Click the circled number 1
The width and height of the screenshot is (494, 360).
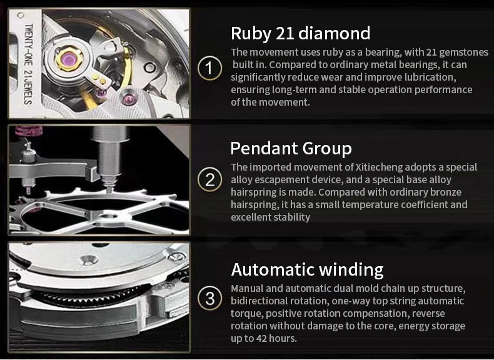(210, 68)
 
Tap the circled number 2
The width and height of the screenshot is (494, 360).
(210, 180)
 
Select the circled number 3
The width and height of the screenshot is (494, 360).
(210, 298)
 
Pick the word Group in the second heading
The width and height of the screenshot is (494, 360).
(326, 149)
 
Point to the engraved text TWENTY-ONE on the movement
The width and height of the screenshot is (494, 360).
(29, 45)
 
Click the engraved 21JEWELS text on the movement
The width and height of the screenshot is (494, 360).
(28, 87)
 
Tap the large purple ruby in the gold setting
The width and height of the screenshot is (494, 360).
(69, 59)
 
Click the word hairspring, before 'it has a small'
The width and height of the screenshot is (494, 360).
(255, 205)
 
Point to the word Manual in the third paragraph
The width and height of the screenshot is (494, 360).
(247, 288)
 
